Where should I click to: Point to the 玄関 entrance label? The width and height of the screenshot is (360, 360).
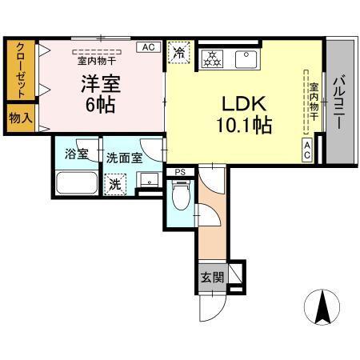212,278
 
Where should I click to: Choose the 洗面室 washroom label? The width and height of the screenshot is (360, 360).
124,158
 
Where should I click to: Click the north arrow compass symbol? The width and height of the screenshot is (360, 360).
323,305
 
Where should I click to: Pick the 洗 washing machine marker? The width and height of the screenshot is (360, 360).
116,183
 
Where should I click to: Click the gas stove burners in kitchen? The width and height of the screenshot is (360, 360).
212,58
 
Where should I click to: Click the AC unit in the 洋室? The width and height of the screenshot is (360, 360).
147,47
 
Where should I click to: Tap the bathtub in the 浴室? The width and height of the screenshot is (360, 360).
75,184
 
